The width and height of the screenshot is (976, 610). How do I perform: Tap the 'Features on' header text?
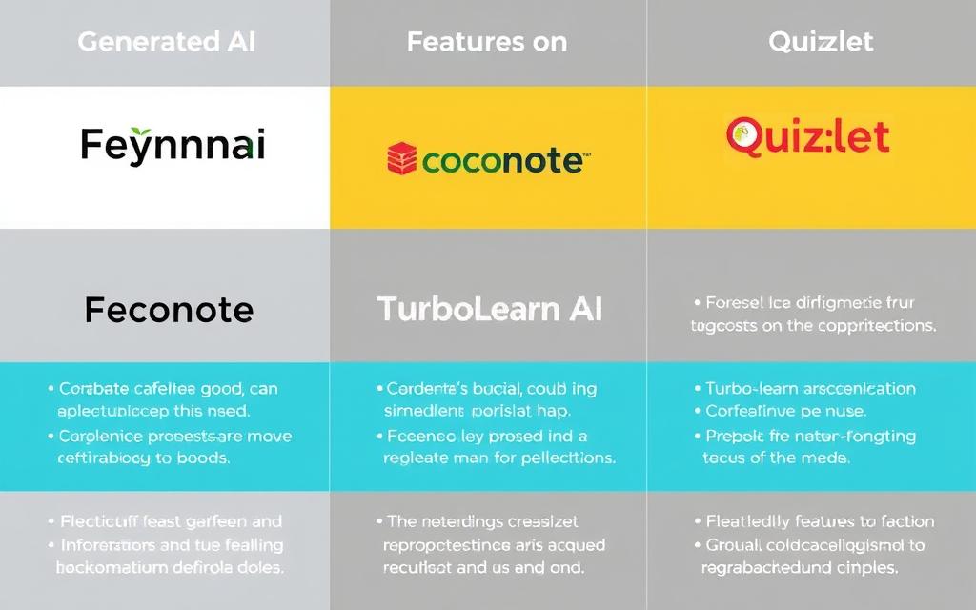[x=486, y=42]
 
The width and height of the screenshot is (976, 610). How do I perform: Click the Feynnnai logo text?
[x=173, y=145]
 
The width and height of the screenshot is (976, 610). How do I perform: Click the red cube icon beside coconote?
[x=401, y=159]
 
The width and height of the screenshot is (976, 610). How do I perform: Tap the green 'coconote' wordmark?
[x=501, y=160]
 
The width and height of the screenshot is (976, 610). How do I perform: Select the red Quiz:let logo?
[x=807, y=136]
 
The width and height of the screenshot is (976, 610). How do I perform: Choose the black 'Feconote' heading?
[x=169, y=310]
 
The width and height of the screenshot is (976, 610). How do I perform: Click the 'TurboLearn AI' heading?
[x=489, y=310]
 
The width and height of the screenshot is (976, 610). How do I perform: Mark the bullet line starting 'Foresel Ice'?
[x=809, y=303]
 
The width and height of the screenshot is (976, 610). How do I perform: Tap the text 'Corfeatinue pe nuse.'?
[x=785, y=412]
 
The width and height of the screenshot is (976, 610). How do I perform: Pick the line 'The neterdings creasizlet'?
[x=483, y=521]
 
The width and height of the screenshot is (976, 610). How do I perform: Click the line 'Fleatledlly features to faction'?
[x=820, y=521]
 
